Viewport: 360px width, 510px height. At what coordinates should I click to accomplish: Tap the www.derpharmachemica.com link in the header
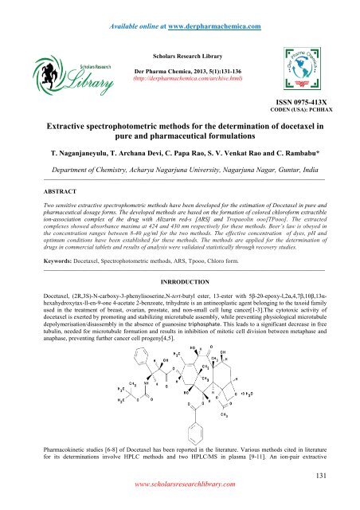point(213,9)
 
